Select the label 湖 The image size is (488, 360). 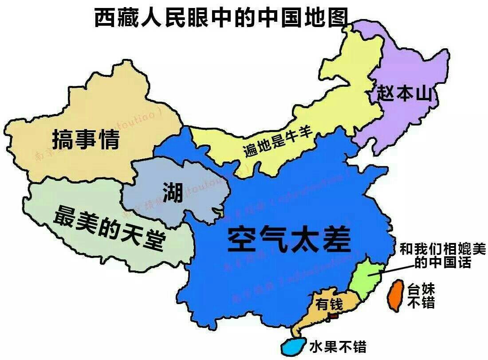172,192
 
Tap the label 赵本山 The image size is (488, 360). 404,93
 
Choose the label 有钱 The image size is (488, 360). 329,305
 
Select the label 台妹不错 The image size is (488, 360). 421,296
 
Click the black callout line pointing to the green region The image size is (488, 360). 390,270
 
